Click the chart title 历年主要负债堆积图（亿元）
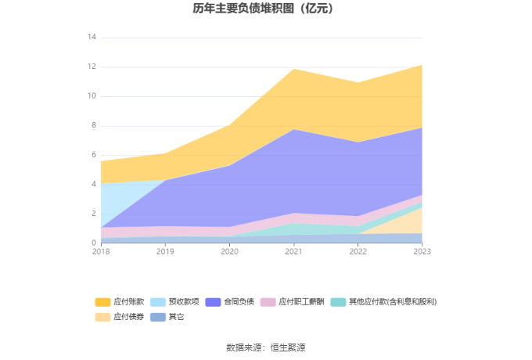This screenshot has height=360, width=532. [265, 9]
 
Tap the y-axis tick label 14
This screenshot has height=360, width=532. [92, 38]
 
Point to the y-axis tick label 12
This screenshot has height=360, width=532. [92, 67]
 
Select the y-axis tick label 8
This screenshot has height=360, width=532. [94, 125]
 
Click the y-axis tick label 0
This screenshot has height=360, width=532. [94, 243]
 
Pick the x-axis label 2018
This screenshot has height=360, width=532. [101, 251]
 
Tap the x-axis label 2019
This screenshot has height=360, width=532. [165, 251]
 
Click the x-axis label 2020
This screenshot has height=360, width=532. [229, 251]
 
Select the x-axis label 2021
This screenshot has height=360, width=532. [293, 251]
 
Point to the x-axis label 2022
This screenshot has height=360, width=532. [358, 251]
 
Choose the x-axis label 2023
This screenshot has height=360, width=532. [422, 251]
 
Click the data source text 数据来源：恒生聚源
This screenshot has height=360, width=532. [265, 347]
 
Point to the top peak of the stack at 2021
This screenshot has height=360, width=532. [293, 69]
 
